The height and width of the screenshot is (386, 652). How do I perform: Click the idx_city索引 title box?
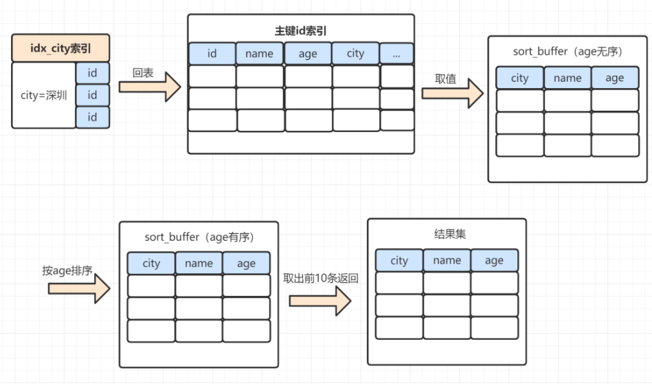point(60,48)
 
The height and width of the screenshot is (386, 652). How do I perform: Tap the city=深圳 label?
point(44,95)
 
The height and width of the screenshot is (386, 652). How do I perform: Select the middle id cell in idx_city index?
point(92,94)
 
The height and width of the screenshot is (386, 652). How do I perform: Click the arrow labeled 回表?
point(149,87)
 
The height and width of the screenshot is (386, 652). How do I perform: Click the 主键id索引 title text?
point(301,30)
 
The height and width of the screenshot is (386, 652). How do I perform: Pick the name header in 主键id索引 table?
point(259,53)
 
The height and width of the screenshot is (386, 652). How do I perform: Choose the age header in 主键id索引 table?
point(308,53)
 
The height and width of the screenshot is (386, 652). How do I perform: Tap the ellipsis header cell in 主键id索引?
point(396,53)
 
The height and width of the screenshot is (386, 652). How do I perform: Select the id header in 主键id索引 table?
point(212,53)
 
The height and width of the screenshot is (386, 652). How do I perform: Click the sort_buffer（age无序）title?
point(567,52)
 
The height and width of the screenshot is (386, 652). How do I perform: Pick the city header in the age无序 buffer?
point(519,78)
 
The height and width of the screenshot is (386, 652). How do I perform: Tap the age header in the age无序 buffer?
point(614,78)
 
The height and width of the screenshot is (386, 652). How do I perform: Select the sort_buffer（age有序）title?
point(199,237)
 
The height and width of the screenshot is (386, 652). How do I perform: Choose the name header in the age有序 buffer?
point(199,263)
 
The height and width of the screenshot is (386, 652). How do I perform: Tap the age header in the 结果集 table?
point(494,260)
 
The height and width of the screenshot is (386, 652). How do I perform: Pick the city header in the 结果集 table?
point(399,260)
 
